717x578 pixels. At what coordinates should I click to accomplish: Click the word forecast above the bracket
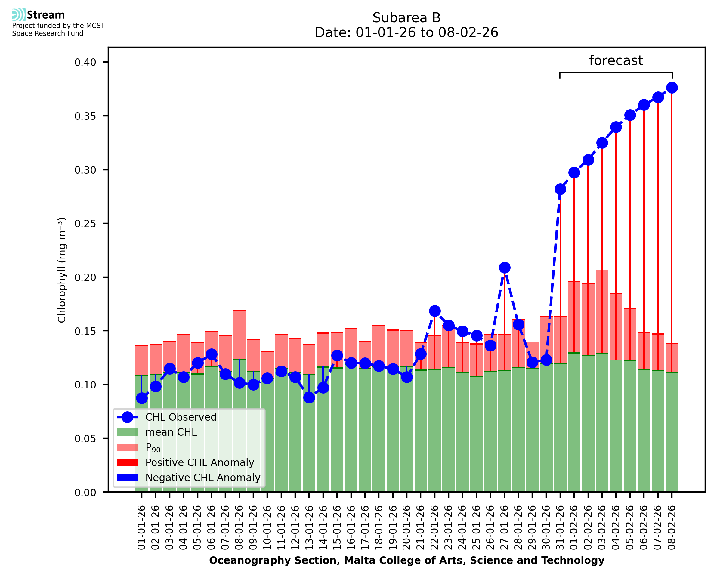click(x=616, y=60)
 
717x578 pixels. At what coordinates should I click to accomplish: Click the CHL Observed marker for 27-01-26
click(x=504, y=267)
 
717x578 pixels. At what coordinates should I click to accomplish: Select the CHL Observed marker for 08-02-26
click(x=672, y=88)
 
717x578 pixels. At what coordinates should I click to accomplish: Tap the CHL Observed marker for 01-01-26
click(x=142, y=398)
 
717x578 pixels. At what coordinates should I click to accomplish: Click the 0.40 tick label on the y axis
click(x=85, y=62)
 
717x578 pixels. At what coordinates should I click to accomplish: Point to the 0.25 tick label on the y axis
click(x=85, y=224)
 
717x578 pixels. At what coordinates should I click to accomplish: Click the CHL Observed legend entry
click(x=181, y=417)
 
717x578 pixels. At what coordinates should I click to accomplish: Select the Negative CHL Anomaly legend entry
click(x=202, y=478)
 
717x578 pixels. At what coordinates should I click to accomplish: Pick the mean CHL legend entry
click(x=171, y=432)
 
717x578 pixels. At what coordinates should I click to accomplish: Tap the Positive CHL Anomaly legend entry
click(x=199, y=462)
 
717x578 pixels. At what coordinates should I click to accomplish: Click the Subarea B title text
click(x=406, y=18)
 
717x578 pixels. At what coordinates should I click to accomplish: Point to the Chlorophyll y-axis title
click(x=62, y=270)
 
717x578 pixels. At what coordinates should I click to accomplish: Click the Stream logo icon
click(x=19, y=15)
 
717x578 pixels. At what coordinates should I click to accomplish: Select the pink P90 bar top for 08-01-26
click(x=239, y=311)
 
